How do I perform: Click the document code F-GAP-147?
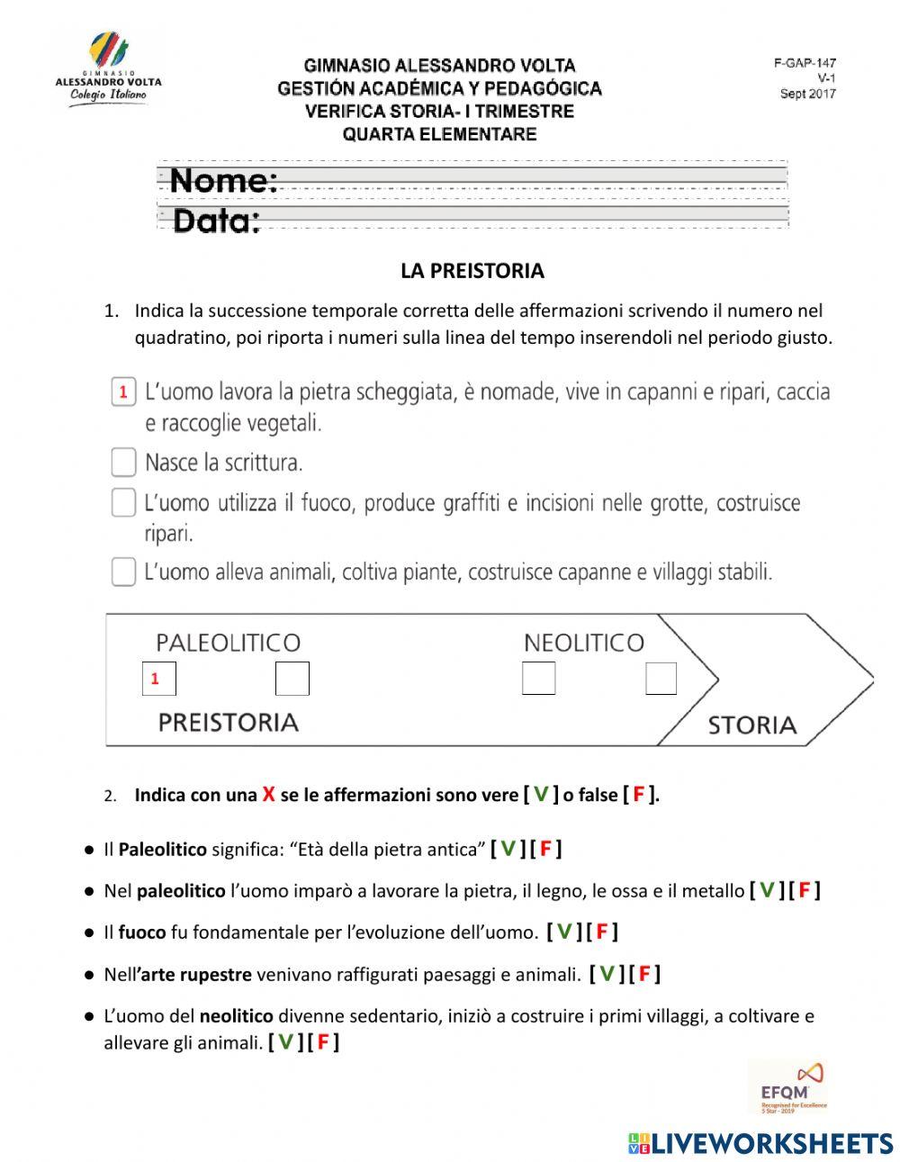coord(805,63)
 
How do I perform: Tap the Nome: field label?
coord(223,181)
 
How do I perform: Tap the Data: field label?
coord(216,221)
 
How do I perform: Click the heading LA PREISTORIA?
coord(472,271)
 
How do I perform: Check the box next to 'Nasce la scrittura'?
coord(123,463)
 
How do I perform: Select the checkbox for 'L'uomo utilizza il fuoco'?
coord(123,502)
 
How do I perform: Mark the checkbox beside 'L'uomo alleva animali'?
coord(123,572)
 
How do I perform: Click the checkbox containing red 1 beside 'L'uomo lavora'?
coord(123,392)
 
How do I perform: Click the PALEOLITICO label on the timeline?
coord(228,643)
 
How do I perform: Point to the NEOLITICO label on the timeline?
coord(583,643)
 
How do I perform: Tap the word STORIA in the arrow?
coord(751,725)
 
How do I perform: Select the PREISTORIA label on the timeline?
coord(228,723)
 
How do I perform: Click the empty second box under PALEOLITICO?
coord(292,679)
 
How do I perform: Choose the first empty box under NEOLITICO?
coord(538,679)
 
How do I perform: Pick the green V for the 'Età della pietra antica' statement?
coord(508,849)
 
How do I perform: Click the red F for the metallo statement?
coord(804,890)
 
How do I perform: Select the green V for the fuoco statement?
coord(563,932)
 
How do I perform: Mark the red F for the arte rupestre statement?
coord(644,973)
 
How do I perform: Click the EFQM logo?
coord(787,1086)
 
